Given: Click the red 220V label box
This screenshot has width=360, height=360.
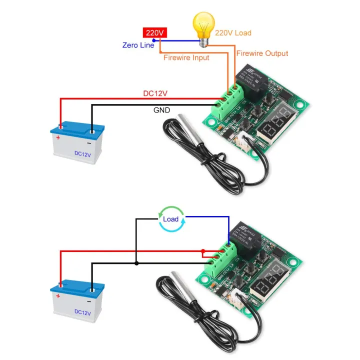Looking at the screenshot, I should (x=154, y=33).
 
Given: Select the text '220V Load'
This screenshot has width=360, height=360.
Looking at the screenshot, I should (x=233, y=33).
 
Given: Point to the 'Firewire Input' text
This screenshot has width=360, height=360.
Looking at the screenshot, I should (x=186, y=57).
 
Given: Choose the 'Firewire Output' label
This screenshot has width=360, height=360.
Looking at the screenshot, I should (x=262, y=53).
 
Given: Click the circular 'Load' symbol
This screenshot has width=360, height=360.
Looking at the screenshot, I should (x=170, y=219).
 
